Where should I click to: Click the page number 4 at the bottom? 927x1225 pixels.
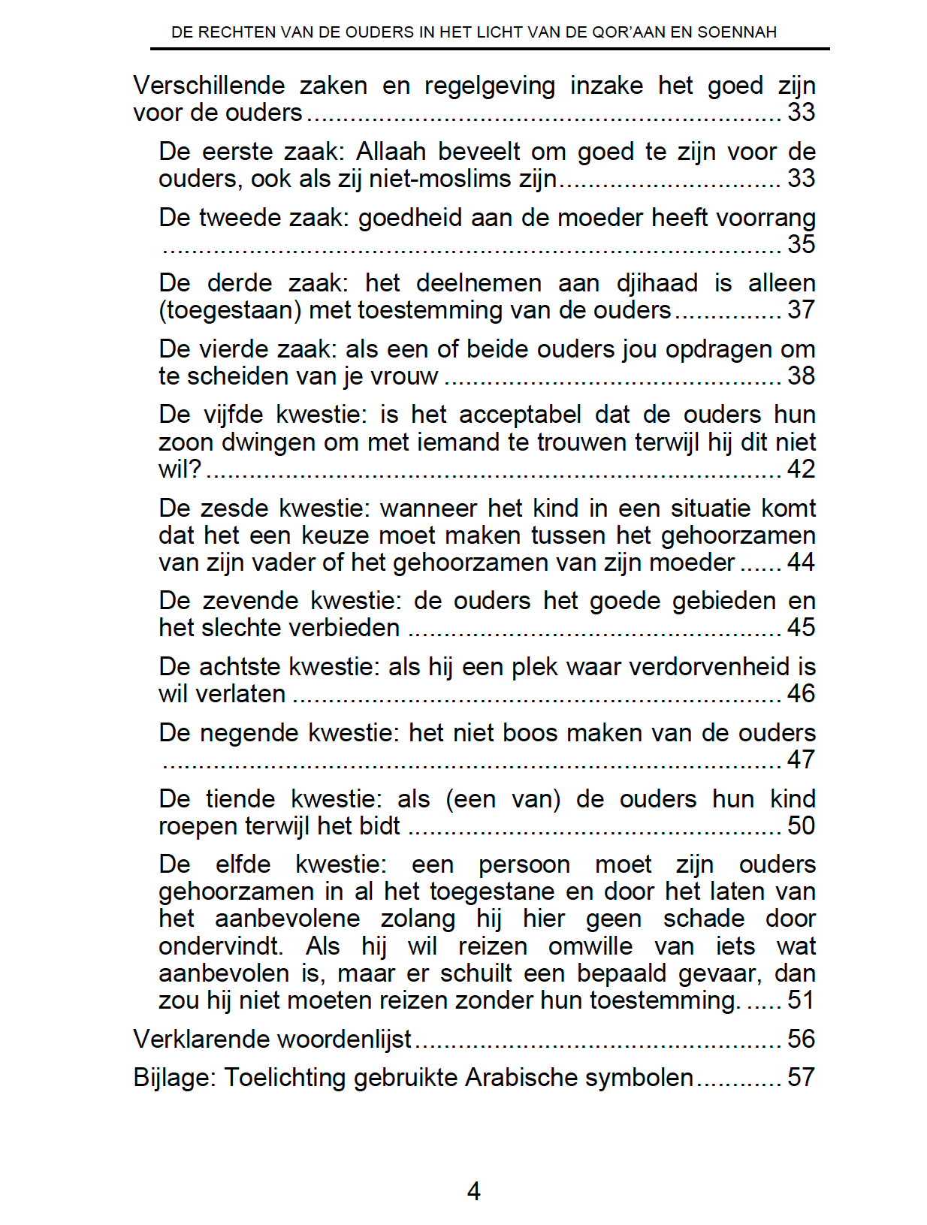(x=473, y=1190)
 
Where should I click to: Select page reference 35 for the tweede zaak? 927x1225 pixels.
(x=801, y=244)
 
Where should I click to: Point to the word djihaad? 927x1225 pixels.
(x=657, y=283)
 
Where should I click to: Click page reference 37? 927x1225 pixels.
(x=801, y=310)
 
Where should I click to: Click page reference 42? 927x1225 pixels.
(x=801, y=469)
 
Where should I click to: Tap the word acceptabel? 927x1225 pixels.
(x=520, y=415)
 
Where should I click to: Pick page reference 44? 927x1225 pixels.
(x=801, y=563)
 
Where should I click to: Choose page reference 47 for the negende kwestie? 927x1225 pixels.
(x=801, y=760)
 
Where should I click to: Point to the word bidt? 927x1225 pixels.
(x=380, y=826)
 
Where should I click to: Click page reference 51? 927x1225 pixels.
(x=801, y=1000)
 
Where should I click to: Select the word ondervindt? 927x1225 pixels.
(x=220, y=946)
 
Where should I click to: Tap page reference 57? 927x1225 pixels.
(x=801, y=1078)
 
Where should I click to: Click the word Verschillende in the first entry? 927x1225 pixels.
(x=209, y=86)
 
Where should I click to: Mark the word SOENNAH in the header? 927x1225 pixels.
(x=737, y=32)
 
